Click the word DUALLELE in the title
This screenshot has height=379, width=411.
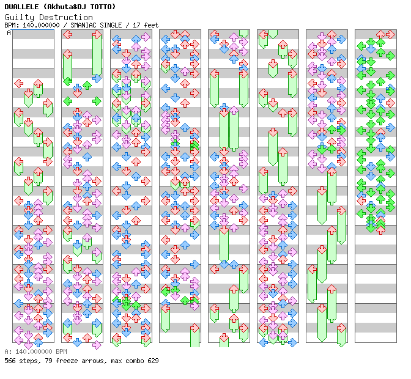coord(21,6)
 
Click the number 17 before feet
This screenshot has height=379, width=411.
coord(138,25)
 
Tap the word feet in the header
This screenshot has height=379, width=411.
coord(151,25)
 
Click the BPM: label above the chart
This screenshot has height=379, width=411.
coord(11,25)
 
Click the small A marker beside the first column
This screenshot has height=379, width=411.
coord(9,33)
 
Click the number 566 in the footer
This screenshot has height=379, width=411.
coord(10,361)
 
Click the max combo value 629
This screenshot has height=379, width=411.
coord(152,361)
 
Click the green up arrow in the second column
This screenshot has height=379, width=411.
coord(87,85)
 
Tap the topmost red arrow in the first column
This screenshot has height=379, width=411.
coord(18,83)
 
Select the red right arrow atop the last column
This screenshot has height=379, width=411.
coord(390,35)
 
